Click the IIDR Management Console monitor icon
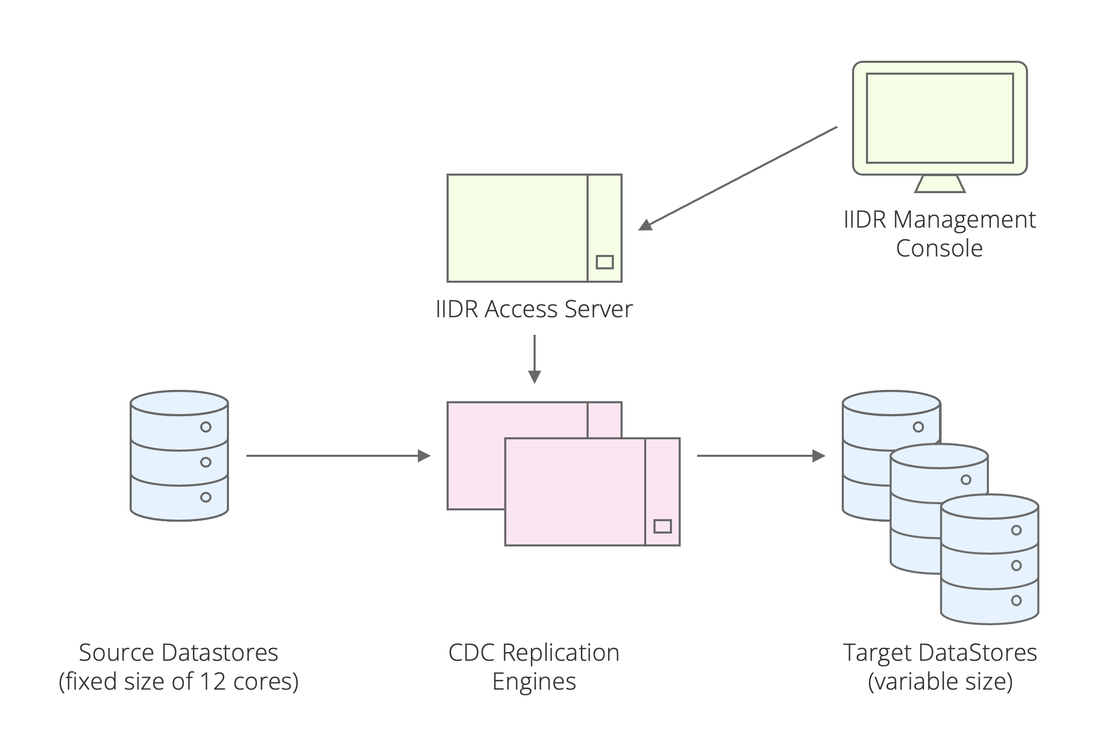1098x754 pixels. (940, 118)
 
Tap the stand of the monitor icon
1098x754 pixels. (940, 184)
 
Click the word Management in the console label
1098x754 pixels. (964, 220)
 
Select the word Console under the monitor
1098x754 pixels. (939, 249)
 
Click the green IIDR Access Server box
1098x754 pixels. (517, 228)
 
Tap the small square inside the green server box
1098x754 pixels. (605, 262)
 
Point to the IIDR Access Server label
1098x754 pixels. (534, 310)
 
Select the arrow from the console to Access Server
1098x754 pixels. (738, 176)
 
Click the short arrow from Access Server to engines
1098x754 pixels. (535, 358)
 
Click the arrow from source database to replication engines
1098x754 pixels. (338, 456)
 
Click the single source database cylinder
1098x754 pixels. (179, 456)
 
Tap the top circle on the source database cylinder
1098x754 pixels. (206, 427)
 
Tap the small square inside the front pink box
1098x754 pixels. (662, 526)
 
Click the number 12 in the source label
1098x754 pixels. (212, 682)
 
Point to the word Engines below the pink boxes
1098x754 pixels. (534, 682)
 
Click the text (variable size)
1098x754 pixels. (940, 682)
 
